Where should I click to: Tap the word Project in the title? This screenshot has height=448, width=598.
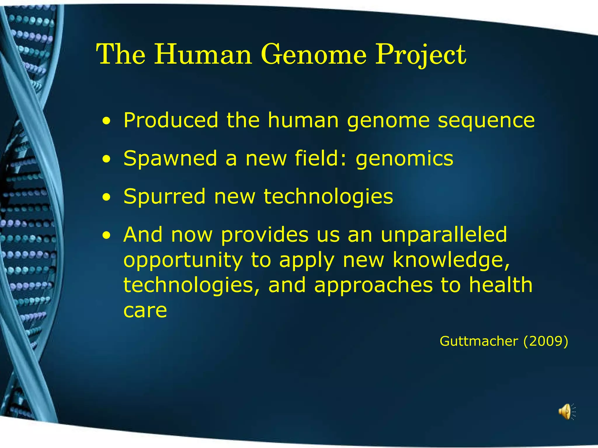(420, 55)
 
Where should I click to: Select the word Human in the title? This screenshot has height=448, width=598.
(203, 55)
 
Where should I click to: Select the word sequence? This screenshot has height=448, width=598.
(486, 120)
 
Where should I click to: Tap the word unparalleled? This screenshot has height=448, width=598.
(444, 235)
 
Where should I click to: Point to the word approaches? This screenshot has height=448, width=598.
(373, 285)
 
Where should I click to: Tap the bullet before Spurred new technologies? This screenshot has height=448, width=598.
(107, 197)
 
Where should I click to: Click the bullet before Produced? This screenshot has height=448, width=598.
(107, 121)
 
